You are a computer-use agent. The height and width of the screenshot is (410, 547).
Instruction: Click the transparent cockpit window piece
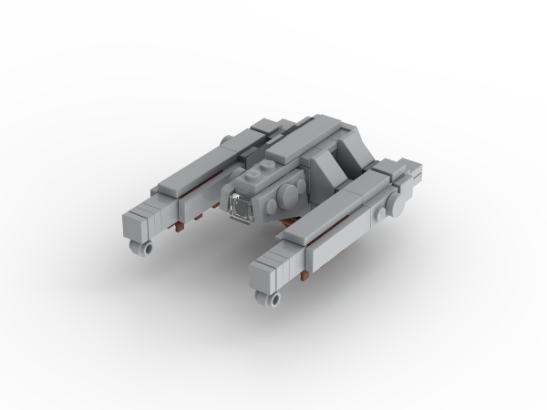(241, 208)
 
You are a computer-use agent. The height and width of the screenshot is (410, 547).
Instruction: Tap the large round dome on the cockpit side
(286, 193)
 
